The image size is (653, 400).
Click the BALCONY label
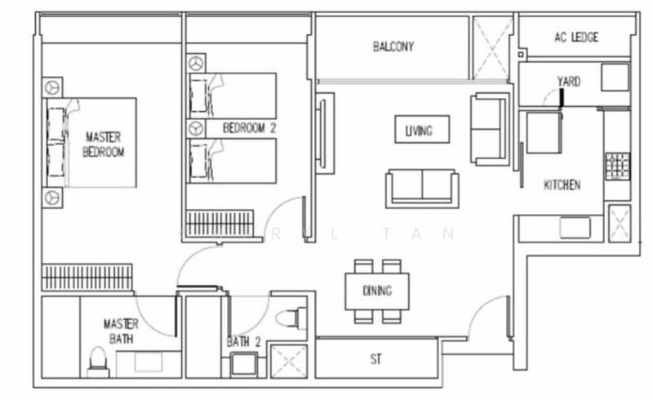393,47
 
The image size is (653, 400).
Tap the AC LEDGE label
576,37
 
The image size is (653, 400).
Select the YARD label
568,82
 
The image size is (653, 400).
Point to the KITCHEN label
562,185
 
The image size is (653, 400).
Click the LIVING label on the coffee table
412,129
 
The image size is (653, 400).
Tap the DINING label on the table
377,291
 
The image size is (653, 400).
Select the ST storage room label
376,358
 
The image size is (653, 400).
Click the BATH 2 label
243,342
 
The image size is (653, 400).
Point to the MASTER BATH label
120,331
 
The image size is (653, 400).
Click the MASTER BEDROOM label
104,144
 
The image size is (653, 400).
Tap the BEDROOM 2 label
250,128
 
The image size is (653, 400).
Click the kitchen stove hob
616,165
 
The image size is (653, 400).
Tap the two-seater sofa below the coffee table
422,185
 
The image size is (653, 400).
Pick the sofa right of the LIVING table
486,128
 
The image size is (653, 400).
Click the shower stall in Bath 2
288,361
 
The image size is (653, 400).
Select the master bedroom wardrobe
87,276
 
